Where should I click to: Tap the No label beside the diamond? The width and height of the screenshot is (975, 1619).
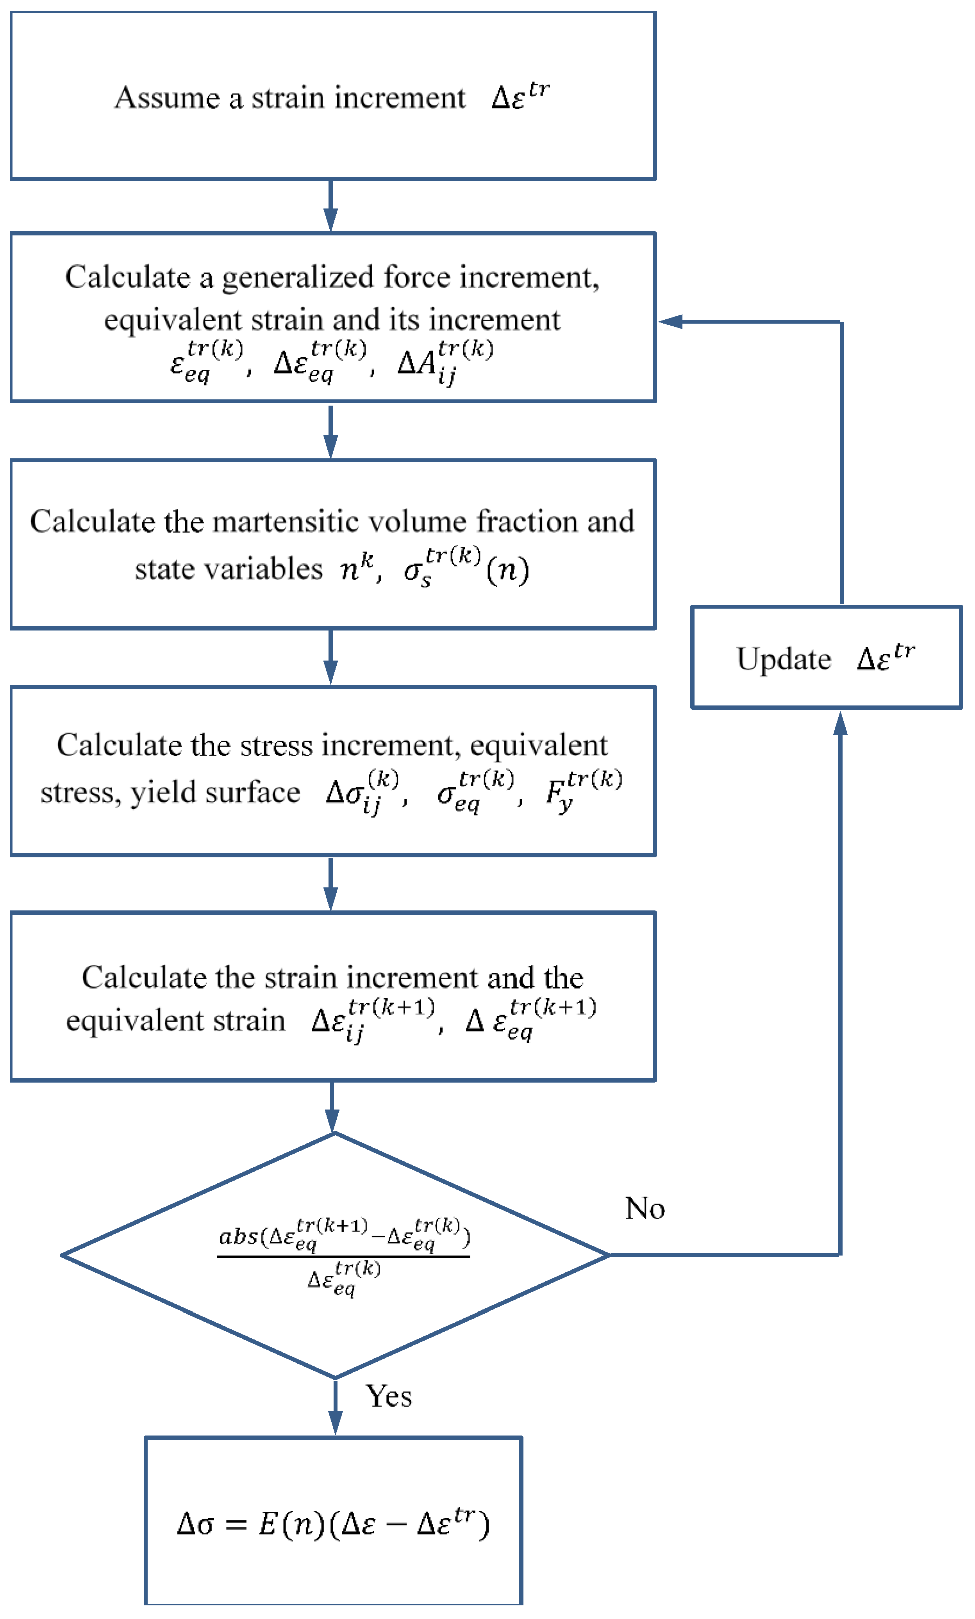pos(645,1208)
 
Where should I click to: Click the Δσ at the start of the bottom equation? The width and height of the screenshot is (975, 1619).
pos(195,1524)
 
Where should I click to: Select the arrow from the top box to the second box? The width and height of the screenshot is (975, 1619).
pos(331,205)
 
